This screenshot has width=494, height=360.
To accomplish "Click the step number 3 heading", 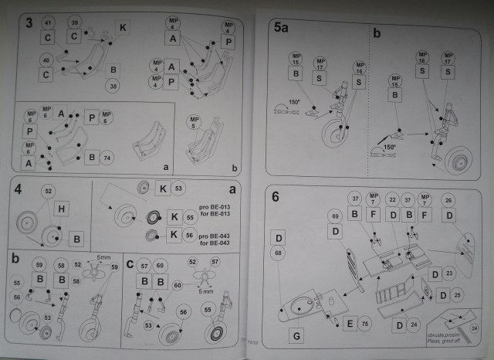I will tap(28, 22).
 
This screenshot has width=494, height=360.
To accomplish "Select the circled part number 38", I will tap(113, 87).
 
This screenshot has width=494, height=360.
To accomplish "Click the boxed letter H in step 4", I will tap(63, 208).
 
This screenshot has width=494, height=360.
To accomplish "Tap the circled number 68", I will tap(279, 253).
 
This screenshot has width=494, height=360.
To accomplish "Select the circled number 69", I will tap(335, 215).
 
